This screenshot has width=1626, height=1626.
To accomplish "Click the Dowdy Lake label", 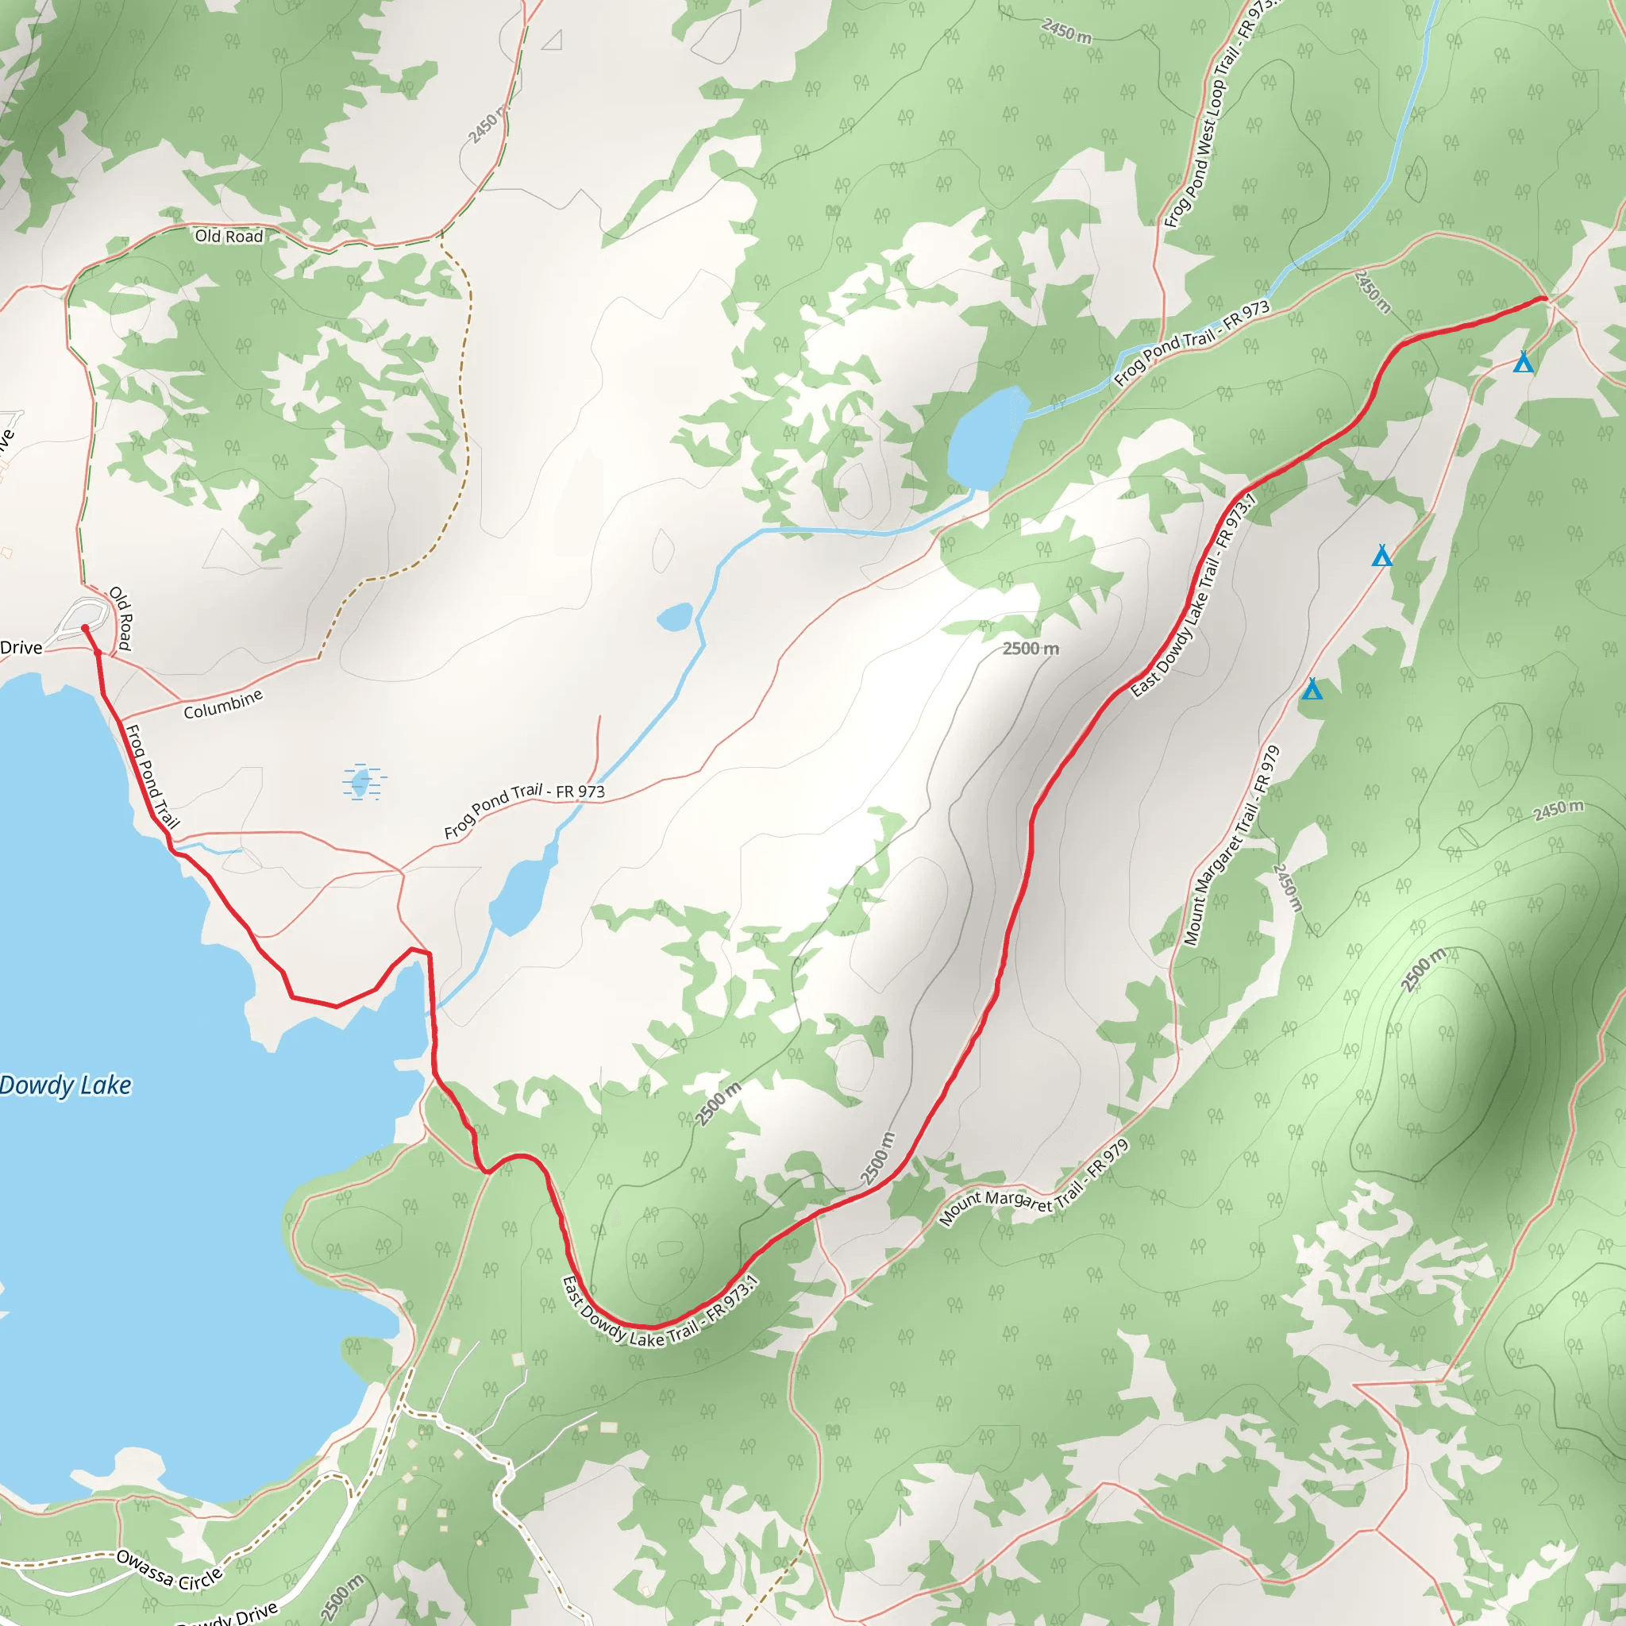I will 66,1085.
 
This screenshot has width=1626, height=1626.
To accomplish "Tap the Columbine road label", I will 223,704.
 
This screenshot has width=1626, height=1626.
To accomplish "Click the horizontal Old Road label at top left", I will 229,237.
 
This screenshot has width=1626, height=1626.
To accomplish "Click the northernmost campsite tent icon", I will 1524,362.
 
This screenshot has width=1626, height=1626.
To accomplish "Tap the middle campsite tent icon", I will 1382,556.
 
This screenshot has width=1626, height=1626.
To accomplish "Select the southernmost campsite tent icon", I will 1312,689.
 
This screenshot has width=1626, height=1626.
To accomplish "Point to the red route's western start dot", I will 85,628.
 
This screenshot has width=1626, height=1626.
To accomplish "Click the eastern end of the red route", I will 1544,299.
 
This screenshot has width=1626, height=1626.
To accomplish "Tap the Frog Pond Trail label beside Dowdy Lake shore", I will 152,776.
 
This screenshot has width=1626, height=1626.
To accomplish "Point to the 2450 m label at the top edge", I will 1066,32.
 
